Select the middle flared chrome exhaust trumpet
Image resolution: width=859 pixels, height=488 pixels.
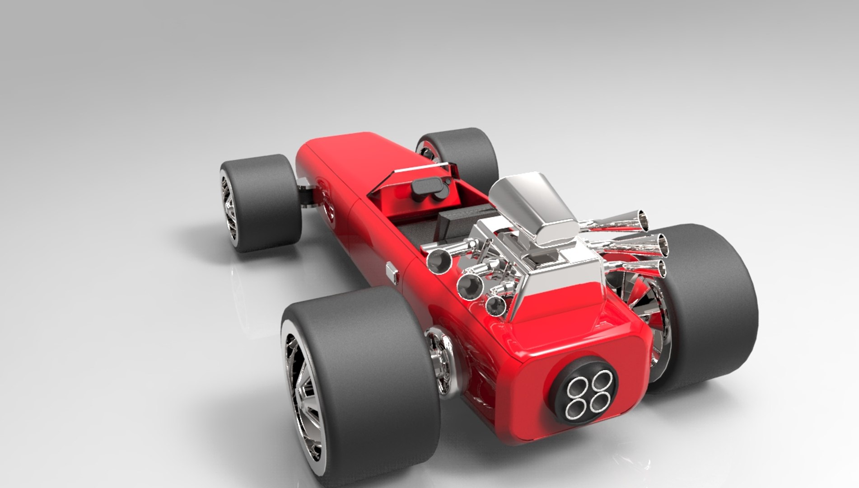(x=661, y=244)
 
